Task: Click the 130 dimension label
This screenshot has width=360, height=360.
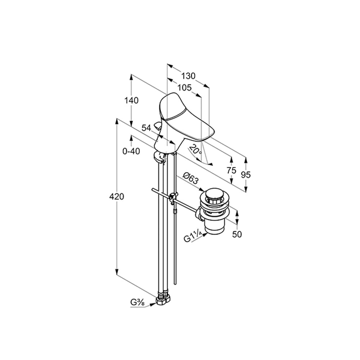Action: click(188, 76)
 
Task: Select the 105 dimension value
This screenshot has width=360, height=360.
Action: click(185, 87)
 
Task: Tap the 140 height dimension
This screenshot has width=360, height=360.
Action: click(131, 100)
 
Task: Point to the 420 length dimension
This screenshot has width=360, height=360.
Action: click(117, 197)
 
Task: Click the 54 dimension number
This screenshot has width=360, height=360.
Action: click(146, 128)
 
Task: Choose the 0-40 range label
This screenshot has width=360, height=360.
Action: click(131, 151)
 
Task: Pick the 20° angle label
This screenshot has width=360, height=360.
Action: click(195, 149)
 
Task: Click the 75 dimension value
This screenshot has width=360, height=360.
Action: click(231, 170)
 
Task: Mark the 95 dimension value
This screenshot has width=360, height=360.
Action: click(246, 175)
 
